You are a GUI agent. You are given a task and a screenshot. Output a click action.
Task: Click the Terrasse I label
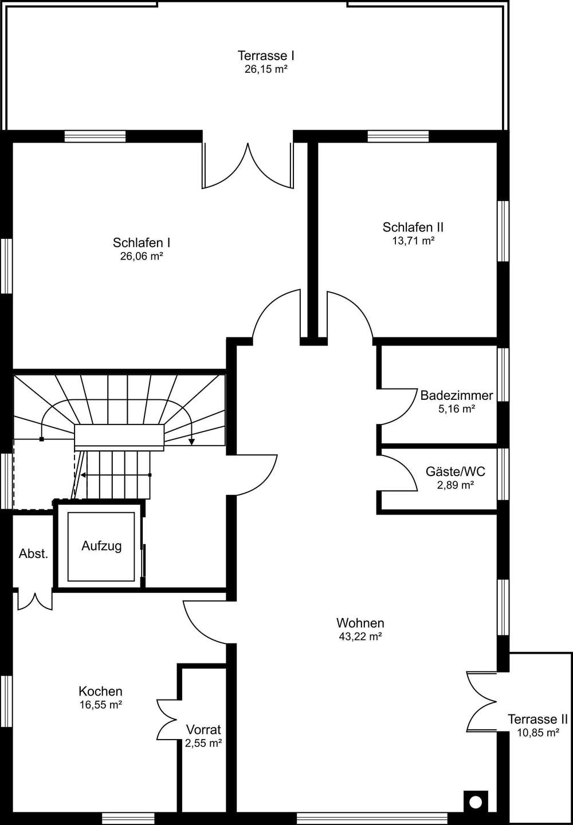click(265, 56)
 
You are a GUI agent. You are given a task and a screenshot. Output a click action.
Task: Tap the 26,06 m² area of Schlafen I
click(142, 256)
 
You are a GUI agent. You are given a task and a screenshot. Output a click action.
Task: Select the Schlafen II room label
click(413, 227)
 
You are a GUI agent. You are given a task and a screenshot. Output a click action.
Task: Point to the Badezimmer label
click(457, 395)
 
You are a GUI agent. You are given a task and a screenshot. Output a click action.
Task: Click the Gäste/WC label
click(456, 472)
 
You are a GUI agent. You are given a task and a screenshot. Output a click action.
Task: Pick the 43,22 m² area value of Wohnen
click(360, 637)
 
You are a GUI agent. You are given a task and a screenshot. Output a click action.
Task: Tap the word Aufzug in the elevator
click(101, 546)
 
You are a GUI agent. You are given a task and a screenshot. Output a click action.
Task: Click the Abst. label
click(33, 553)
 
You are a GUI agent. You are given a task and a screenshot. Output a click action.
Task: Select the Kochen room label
click(100, 692)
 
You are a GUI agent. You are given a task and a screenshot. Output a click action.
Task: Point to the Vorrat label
click(203, 730)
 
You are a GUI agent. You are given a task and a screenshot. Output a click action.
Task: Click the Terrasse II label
click(538, 720)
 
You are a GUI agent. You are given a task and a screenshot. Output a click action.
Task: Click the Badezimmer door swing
click(397, 407)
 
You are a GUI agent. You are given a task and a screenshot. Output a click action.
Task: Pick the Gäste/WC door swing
click(397, 473)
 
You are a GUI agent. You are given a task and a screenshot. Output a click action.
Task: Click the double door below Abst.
click(35, 601)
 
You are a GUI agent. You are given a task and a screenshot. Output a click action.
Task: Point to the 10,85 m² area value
click(538, 733)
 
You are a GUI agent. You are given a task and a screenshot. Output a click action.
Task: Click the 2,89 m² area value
click(455, 485)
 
